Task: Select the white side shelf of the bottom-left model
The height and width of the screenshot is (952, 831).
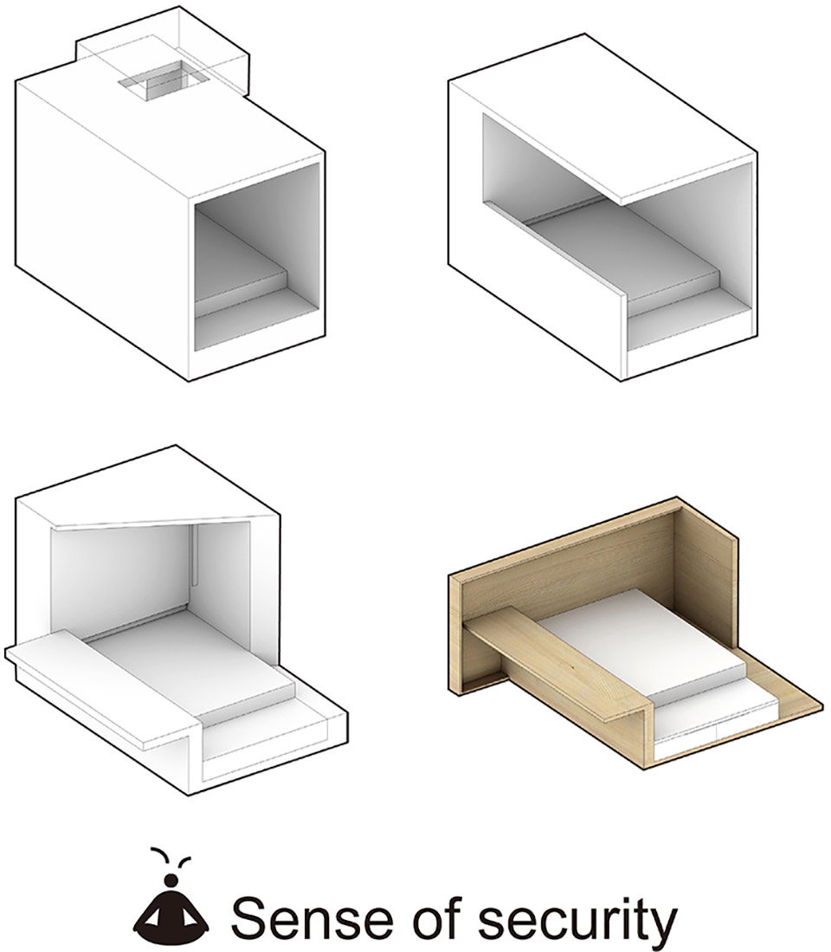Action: (x=100, y=686)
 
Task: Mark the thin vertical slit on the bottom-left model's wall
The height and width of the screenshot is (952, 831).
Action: (x=193, y=556)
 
